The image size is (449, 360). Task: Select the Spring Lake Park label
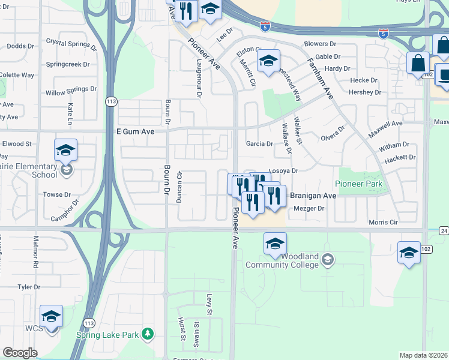coord(107,335)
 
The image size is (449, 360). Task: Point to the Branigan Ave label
coord(313,196)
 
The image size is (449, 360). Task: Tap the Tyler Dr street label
coord(28,287)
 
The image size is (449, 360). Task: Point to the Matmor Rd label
coord(35,254)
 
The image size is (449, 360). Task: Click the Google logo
coord(20,353)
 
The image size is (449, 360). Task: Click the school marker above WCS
coord(52,316)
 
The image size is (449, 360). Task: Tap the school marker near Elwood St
coord(65,150)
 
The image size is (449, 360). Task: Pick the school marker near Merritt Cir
coord(268,61)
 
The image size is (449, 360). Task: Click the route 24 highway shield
coord(443,230)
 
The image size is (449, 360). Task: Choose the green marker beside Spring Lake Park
coord(146,334)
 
